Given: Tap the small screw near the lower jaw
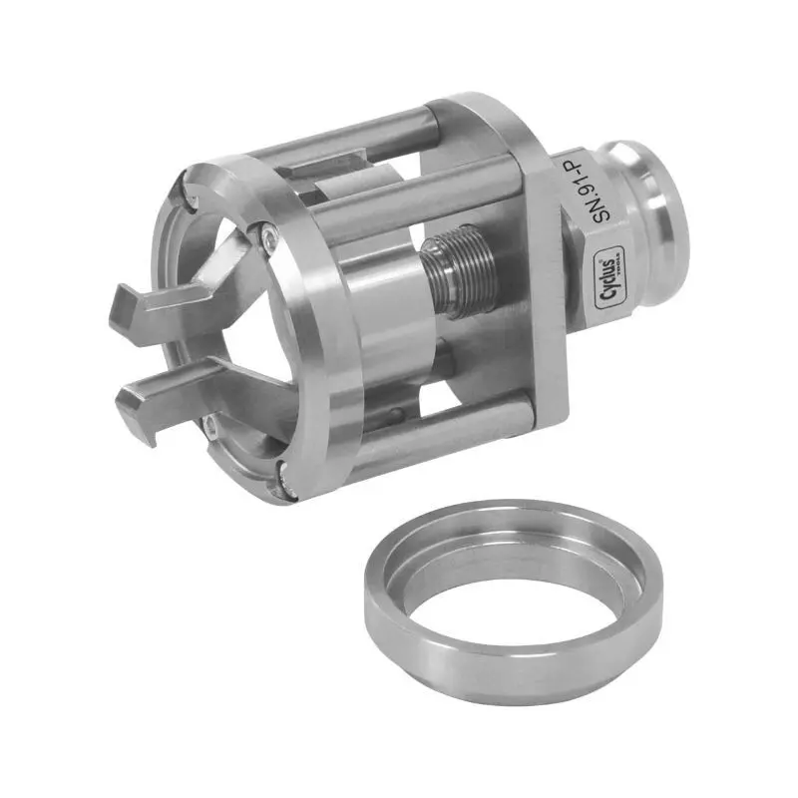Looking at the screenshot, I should [212, 429].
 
